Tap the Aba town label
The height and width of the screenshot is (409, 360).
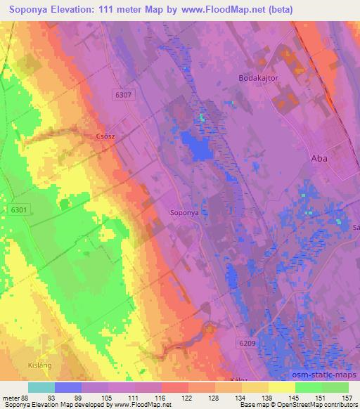(319, 159)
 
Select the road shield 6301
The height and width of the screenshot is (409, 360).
(19, 209)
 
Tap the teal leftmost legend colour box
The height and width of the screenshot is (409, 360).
(41, 387)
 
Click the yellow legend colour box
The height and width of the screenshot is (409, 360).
(281, 387)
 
